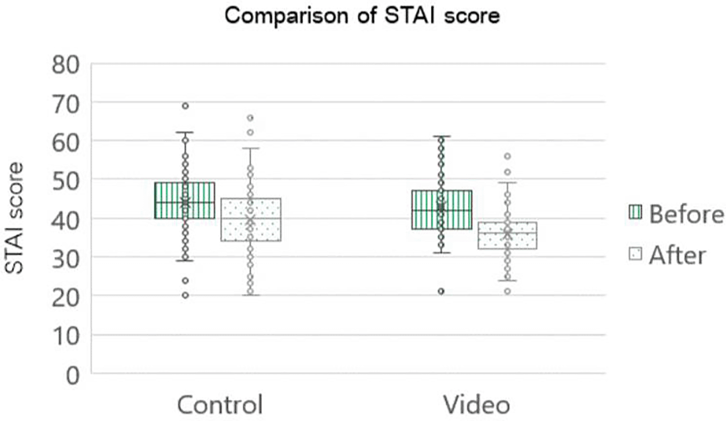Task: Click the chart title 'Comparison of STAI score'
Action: [x=362, y=16]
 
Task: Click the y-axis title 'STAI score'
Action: [x=14, y=218]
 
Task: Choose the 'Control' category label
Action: [x=220, y=405]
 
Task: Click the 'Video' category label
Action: [x=477, y=405]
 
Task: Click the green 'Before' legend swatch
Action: [x=635, y=212]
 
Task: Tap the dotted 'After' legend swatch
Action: [x=635, y=254]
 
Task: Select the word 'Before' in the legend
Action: [x=686, y=214]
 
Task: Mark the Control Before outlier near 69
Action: [x=185, y=106]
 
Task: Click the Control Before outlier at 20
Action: [x=185, y=295]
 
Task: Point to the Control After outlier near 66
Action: [x=250, y=118]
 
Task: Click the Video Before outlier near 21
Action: [x=441, y=291]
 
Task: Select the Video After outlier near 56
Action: [x=507, y=156]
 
